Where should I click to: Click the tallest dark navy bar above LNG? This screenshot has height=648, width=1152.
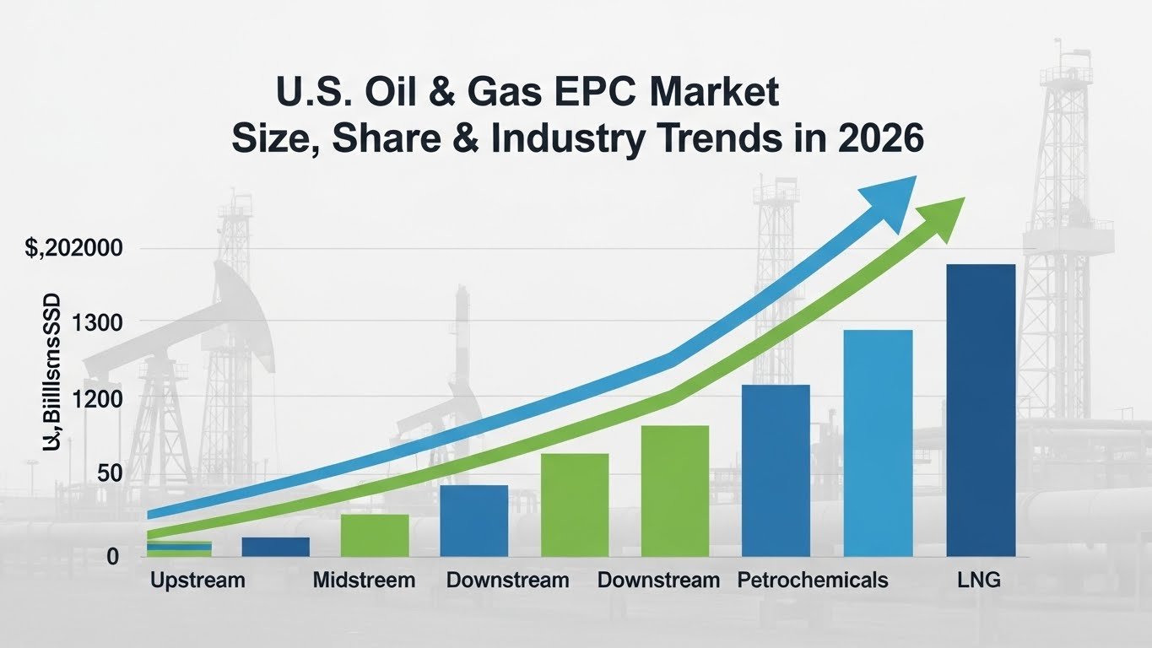point(981,410)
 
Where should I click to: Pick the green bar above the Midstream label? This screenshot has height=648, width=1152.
point(375,535)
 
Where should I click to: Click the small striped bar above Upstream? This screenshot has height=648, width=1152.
point(179,548)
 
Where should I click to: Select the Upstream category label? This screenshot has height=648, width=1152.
point(197,580)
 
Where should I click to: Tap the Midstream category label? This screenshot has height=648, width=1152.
point(364,580)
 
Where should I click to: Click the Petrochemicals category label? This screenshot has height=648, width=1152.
point(812,580)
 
